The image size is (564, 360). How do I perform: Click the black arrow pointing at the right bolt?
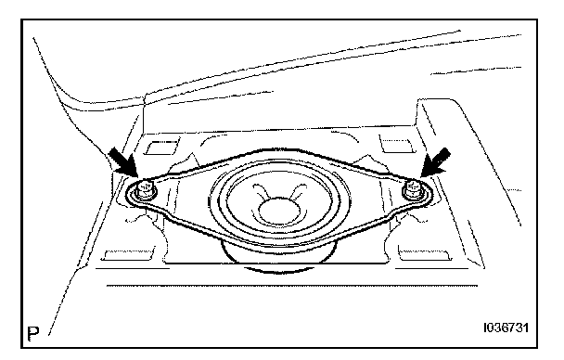(x=434, y=162)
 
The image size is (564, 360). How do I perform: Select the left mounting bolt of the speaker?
(x=145, y=190)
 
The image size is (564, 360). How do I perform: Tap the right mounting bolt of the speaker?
(x=414, y=190)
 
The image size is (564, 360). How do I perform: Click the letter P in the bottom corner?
(x=33, y=333)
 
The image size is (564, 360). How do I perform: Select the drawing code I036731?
(x=506, y=328)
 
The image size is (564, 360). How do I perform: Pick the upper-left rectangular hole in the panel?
(x=161, y=147)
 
